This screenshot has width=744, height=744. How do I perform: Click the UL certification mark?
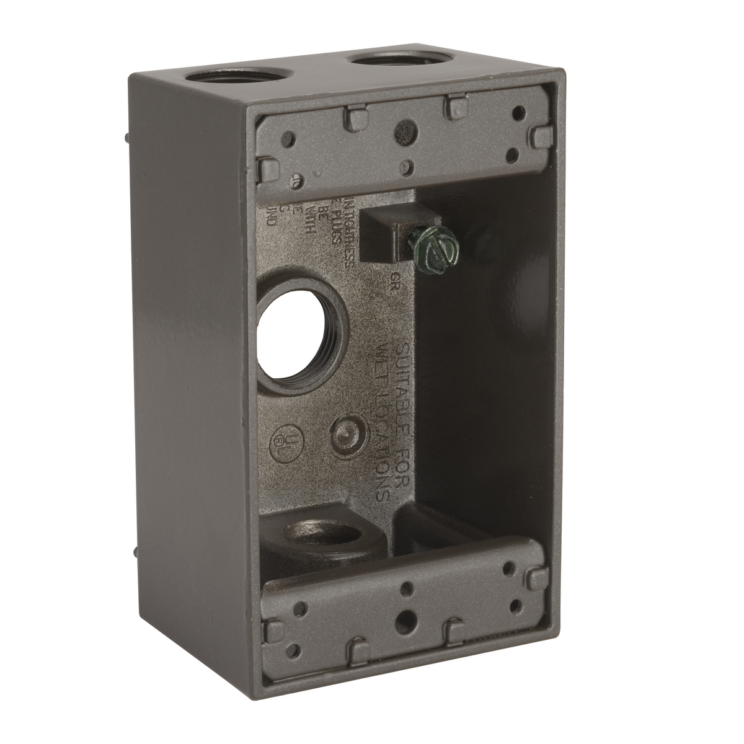click(283, 438)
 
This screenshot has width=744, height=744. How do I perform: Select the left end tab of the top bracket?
click(267, 166)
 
